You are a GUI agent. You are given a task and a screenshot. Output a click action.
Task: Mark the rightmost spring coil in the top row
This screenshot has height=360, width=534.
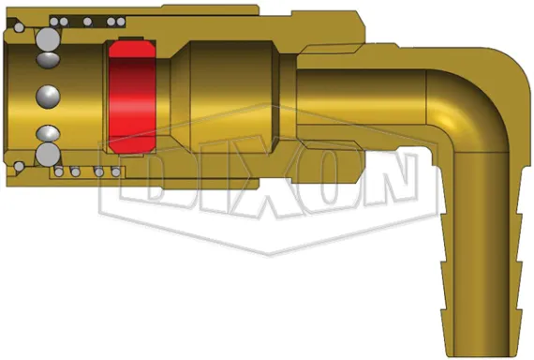point(117,20)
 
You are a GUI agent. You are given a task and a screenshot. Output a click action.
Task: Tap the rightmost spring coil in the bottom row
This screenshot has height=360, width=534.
point(117,173)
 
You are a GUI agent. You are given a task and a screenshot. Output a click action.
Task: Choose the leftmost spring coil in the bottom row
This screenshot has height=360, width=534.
point(61,173)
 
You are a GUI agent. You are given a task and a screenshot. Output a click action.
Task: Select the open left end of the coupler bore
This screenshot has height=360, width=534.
point(7,97)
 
